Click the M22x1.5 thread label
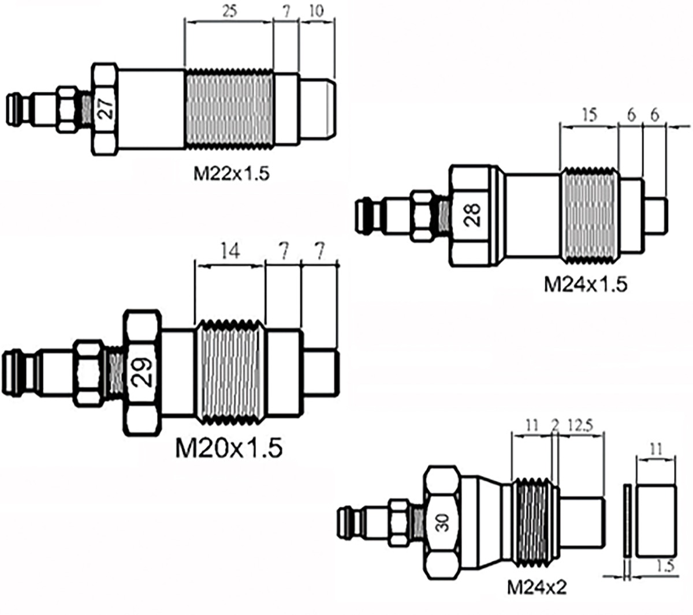pyautogui.click(x=232, y=173)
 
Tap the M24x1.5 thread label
pyautogui.click(x=585, y=284)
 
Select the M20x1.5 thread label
pyautogui.click(x=229, y=448)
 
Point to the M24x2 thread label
pyautogui.click(x=537, y=588)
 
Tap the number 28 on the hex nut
pyautogui.click(x=473, y=217)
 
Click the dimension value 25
pyautogui.click(x=229, y=12)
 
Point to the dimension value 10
pyautogui.click(x=316, y=12)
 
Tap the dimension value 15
pyautogui.click(x=588, y=115)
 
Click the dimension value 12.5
pyautogui.click(x=579, y=426)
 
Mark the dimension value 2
pyautogui.click(x=555, y=426)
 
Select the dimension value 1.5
pyautogui.click(x=665, y=567)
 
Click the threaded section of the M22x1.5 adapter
pyautogui.click(x=229, y=108)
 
